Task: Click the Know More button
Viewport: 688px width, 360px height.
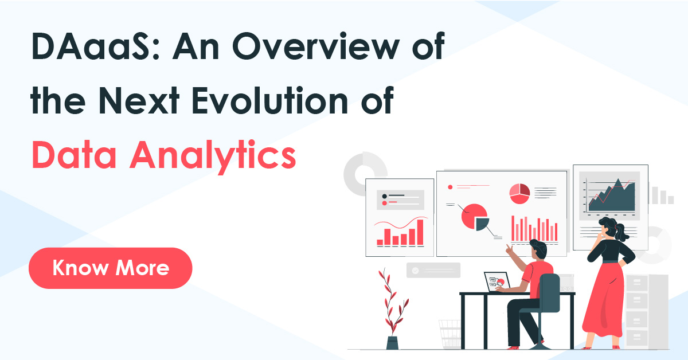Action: [110, 268]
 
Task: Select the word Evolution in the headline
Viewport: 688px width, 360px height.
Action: [269, 104]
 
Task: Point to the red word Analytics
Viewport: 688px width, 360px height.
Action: [211, 155]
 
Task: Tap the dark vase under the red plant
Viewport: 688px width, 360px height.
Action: [393, 342]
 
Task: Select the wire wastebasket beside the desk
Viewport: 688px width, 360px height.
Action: [449, 334]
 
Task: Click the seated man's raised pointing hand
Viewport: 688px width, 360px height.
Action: [508, 249]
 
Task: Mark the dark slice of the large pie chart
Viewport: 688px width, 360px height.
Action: [481, 224]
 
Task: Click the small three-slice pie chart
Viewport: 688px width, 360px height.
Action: [519, 193]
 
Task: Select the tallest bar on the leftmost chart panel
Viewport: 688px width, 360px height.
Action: [420, 232]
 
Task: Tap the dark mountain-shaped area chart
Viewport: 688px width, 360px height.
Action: [612, 198]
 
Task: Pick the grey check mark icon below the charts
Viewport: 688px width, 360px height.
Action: [414, 270]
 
